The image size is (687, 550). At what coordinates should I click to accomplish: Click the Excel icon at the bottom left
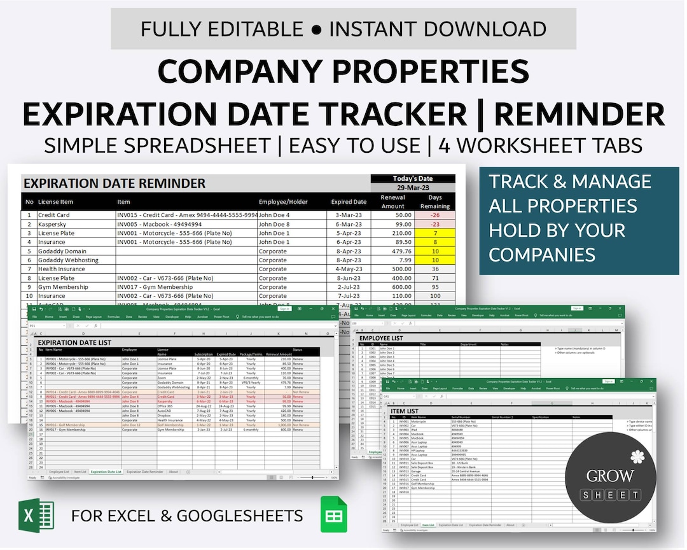point(37,515)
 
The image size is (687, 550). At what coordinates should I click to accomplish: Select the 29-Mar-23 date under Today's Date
point(413,188)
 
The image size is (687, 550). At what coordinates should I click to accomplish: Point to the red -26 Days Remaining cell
point(435,215)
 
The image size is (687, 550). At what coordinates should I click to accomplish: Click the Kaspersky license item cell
point(54,224)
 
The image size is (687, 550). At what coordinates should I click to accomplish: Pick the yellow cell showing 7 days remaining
point(435,233)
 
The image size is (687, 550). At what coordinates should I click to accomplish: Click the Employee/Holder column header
point(283,202)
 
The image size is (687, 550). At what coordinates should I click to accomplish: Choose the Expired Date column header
point(349,202)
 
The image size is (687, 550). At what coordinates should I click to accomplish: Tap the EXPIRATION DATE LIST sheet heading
point(74,342)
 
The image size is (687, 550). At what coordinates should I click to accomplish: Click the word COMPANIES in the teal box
point(542,255)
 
